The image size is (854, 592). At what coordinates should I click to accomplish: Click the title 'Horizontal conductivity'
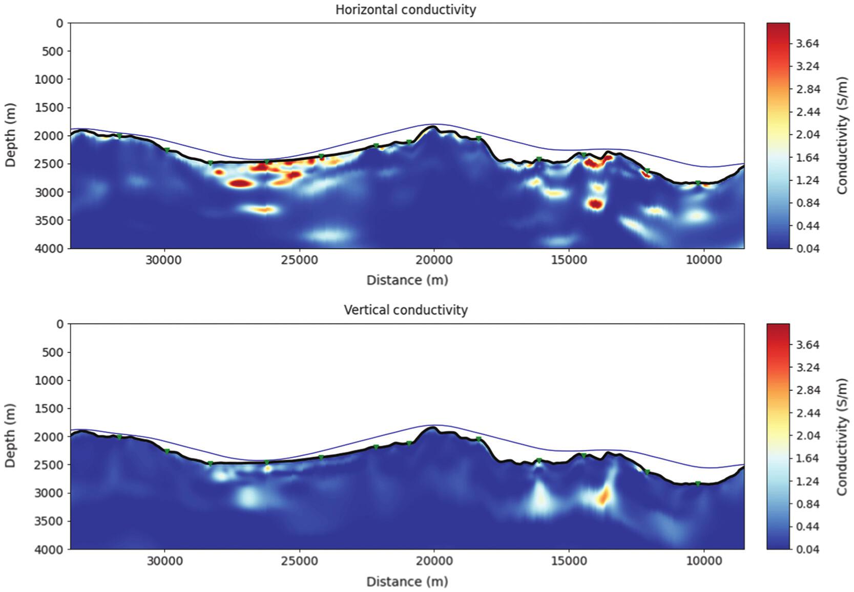[x=405, y=10]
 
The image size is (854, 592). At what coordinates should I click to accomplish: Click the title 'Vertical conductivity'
[x=405, y=310]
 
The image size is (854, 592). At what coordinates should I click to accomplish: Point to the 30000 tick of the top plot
[x=164, y=260]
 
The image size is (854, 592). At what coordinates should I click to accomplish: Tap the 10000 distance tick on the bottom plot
[x=703, y=561]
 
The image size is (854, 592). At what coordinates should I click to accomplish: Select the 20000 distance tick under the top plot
[x=434, y=260]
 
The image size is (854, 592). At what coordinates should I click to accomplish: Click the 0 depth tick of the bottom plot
[x=60, y=324]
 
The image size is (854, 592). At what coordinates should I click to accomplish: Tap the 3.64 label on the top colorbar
[x=807, y=44]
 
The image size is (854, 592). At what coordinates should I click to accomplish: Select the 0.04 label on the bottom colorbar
[x=807, y=549]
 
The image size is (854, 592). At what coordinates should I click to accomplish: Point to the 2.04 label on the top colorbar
[x=807, y=135]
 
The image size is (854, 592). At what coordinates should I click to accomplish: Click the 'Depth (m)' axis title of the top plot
[x=10, y=135]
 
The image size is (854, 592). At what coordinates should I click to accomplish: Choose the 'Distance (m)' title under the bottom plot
[x=407, y=582]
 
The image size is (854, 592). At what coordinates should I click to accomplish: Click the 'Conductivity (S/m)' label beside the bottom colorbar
[x=842, y=437]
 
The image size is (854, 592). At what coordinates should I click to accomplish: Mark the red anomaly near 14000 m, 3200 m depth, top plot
[x=595, y=204]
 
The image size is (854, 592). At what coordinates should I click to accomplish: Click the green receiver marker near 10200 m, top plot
[x=698, y=183]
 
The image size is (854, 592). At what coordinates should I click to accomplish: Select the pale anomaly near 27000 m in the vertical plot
[x=249, y=496]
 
